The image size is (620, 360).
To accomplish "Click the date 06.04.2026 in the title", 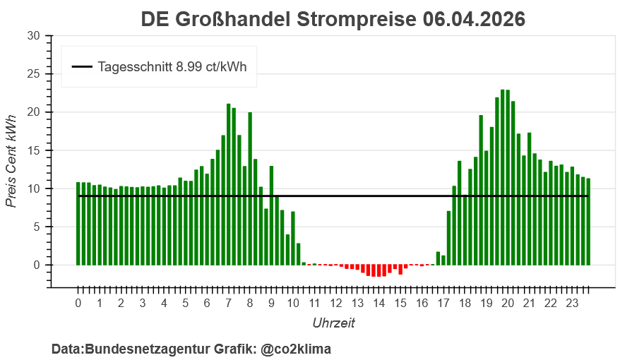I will (475, 19).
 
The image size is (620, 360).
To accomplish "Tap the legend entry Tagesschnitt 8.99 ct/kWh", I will (172, 67).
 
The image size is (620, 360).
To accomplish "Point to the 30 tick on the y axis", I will (34, 36).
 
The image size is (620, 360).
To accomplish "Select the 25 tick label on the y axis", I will (34, 74).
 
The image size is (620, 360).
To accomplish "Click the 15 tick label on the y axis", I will (34, 150).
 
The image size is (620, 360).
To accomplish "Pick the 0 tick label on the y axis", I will (37, 265).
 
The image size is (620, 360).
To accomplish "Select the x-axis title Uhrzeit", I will (333, 323).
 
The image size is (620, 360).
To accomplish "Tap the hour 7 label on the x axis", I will (229, 304).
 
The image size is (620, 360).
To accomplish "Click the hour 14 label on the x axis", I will (379, 304).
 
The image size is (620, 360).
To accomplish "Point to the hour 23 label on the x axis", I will (573, 304).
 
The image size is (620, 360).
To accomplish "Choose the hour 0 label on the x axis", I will (78, 304).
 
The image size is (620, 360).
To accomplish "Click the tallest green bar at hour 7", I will (229, 184).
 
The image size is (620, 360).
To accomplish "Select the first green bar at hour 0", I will (78, 223).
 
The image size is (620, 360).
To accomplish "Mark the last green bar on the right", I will (588, 222).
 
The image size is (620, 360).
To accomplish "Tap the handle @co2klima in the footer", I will (294, 349).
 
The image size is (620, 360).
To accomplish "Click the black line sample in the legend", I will (82, 67).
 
